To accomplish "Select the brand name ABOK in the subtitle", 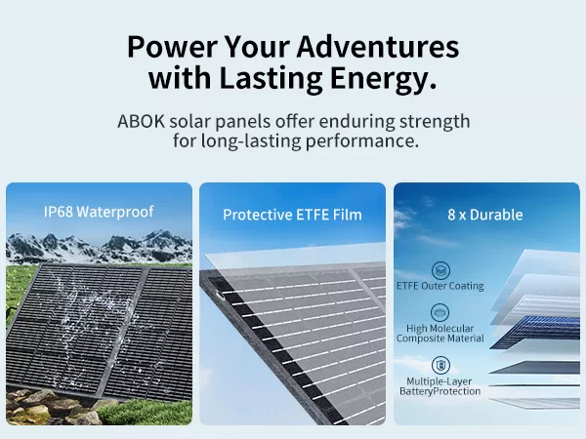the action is (x=141, y=121).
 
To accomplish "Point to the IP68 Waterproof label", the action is (x=99, y=212).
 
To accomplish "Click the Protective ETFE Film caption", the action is (x=292, y=215).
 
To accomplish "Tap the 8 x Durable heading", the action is (x=485, y=215).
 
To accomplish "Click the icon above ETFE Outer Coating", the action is (x=441, y=270).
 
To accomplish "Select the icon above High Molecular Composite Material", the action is (x=440, y=312).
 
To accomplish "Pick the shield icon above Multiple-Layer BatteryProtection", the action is (x=440, y=365).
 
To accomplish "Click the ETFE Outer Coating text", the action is (x=440, y=286).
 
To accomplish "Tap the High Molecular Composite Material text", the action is (x=440, y=334).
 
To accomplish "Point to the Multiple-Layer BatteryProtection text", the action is (x=440, y=386).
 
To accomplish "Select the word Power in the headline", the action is (x=172, y=46).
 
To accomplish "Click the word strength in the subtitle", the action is (x=435, y=121).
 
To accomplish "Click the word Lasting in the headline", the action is (x=271, y=79).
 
